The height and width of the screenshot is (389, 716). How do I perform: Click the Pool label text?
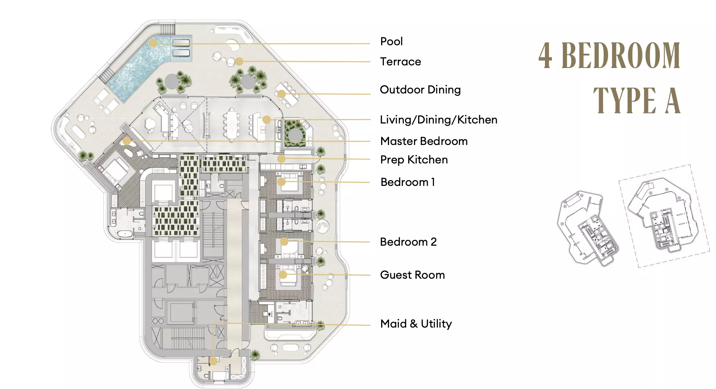(391, 42)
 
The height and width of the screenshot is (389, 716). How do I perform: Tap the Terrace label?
(400, 62)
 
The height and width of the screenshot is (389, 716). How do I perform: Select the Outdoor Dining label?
(420, 90)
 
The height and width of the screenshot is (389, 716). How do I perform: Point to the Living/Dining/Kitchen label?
(439, 120)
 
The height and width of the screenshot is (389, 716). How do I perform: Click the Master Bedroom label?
(424, 141)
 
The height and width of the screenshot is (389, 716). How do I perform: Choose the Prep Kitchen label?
(414, 160)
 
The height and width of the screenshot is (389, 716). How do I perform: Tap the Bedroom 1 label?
(408, 182)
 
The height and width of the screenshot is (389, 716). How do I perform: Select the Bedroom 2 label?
(408, 242)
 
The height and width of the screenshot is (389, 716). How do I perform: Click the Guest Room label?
(412, 275)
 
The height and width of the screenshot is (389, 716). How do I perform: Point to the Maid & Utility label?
(416, 324)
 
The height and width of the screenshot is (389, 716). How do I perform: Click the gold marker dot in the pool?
(153, 43)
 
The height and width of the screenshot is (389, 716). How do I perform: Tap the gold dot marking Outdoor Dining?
(281, 94)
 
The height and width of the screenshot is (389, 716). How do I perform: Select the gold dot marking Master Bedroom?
(126, 141)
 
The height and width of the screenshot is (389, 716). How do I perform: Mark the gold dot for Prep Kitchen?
(281, 159)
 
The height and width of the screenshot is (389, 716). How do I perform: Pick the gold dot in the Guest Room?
(283, 274)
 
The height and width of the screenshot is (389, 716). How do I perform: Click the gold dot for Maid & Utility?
(213, 361)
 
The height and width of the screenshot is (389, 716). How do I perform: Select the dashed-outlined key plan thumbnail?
(664, 216)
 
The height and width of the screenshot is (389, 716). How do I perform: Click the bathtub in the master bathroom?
(125, 234)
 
